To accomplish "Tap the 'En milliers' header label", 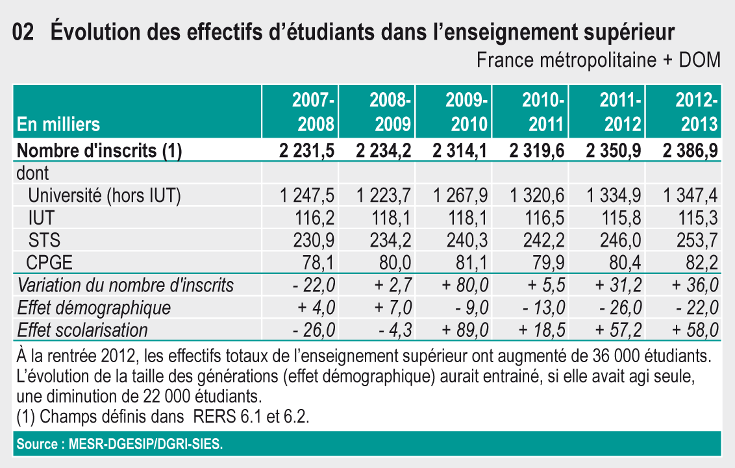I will coord(58,123).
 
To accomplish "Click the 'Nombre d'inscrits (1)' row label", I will coord(99,151).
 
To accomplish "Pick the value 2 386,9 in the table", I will coord(690,151).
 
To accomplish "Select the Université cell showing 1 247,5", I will coord(307,195).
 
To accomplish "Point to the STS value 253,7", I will coord(697,240).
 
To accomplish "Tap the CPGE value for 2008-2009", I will coord(396,262).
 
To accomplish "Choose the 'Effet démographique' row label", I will coord(94,307).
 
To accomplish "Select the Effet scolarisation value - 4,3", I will coord(395,330).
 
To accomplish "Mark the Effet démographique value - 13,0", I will coord(542,307).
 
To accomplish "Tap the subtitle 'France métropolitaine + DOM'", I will coord(598,60).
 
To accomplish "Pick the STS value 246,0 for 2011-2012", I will coord(621,240).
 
